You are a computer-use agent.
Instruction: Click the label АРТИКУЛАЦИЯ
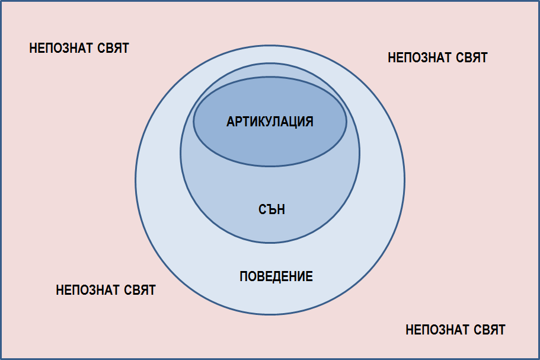(x=270, y=122)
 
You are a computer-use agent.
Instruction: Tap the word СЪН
(x=271, y=209)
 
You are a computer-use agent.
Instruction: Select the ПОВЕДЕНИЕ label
(x=276, y=276)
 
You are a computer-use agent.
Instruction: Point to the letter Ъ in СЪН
(x=271, y=209)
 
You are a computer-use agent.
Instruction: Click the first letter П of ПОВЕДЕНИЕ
(x=244, y=276)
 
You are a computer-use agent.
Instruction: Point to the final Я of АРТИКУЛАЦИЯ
(x=309, y=122)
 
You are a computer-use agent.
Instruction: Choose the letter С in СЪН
(x=262, y=209)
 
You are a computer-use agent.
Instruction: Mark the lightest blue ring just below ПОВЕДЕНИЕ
(x=270, y=298)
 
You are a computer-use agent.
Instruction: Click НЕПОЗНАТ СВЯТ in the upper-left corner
(x=79, y=48)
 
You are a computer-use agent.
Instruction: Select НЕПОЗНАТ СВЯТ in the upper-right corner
(x=437, y=58)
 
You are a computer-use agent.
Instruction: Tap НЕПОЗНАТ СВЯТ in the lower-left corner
(x=106, y=290)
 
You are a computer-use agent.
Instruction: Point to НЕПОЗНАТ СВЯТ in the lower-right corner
(x=455, y=330)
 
